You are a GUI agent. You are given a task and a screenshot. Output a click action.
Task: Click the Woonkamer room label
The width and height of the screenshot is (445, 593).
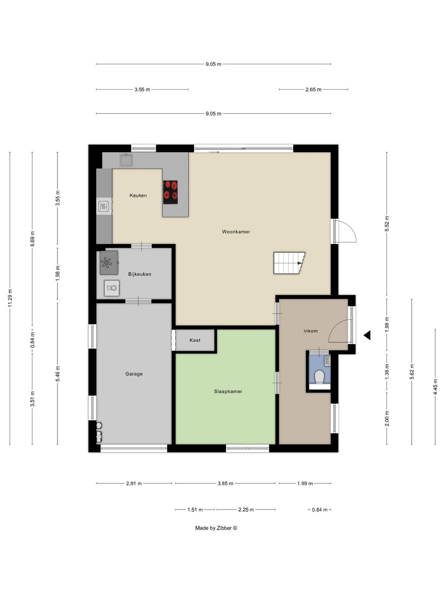pyautogui.click(x=236, y=232)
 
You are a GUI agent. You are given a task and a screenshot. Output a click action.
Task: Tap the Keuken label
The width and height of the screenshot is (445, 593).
pyautogui.click(x=138, y=195)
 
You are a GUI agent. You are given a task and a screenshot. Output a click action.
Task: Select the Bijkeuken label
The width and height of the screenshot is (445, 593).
pyautogui.click(x=140, y=274)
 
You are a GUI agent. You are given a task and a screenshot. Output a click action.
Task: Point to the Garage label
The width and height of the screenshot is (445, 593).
pyautogui.click(x=134, y=374)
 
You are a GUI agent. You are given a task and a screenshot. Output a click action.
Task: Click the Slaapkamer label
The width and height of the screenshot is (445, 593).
pyautogui.click(x=228, y=391)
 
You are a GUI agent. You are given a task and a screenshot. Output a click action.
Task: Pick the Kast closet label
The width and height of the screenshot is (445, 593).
pyautogui.click(x=195, y=340)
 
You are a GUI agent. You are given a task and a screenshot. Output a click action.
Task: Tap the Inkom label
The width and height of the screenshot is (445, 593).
pyautogui.click(x=310, y=331)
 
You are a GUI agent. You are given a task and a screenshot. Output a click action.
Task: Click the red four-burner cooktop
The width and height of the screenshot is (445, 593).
pyautogui.click(x=170, y=192)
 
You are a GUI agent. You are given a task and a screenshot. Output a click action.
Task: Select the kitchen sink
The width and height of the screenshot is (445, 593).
pyautogui.click(x=127, y=160)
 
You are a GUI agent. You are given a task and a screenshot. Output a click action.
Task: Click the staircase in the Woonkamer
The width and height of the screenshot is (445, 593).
pyautogui.click(x=289, y=263)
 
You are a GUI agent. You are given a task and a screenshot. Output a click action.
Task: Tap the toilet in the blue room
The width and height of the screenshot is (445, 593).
pyautogui.click(x=320, y=377)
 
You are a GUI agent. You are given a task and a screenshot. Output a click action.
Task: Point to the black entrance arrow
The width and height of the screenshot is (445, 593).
pyautogui.click(x=367, y=335)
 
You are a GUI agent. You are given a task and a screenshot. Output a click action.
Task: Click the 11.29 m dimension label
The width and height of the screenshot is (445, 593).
pyautogui.click(x=10, y=298)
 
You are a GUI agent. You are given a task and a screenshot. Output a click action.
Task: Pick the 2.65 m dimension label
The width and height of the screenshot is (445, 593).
pyautogui.click(x=313, y=90)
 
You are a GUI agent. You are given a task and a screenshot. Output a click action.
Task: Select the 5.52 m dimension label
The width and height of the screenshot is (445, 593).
pyautogui.click(x=387, y=224)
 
